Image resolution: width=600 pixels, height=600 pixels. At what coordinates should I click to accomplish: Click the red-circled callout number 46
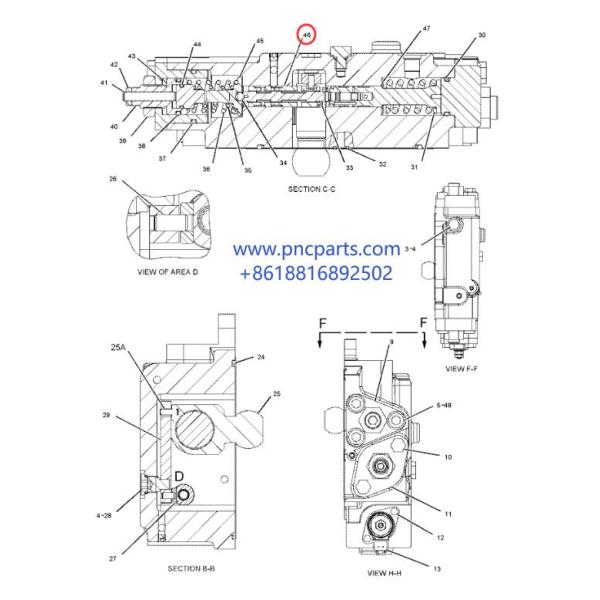pyautogui.click(x=307, y=34)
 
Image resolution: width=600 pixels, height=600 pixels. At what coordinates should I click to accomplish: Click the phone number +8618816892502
pyautogui.click(x=317, y=272)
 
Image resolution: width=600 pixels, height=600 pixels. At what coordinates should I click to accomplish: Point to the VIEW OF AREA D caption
pyautogui.click(x=168, y=271)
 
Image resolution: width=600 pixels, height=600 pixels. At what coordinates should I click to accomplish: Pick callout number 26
pyautogui.click(x=113, y=180)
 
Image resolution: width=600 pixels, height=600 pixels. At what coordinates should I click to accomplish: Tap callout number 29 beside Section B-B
pyautogui.click(x=106, y=414)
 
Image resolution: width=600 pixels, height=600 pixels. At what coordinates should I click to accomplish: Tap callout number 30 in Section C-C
pyautogui.click(x=482, y=35)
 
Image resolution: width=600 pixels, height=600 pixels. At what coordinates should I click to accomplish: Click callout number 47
pyautogui.click(x=398, y=29)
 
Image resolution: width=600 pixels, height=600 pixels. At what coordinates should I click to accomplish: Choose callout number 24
pyautogui.click(x=260, y=357)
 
